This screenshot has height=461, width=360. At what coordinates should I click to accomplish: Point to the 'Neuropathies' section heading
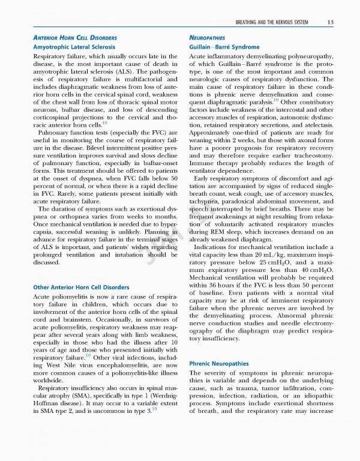click(x=209, y=38)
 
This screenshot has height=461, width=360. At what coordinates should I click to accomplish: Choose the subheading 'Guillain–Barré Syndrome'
click(x=224, y=47)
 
